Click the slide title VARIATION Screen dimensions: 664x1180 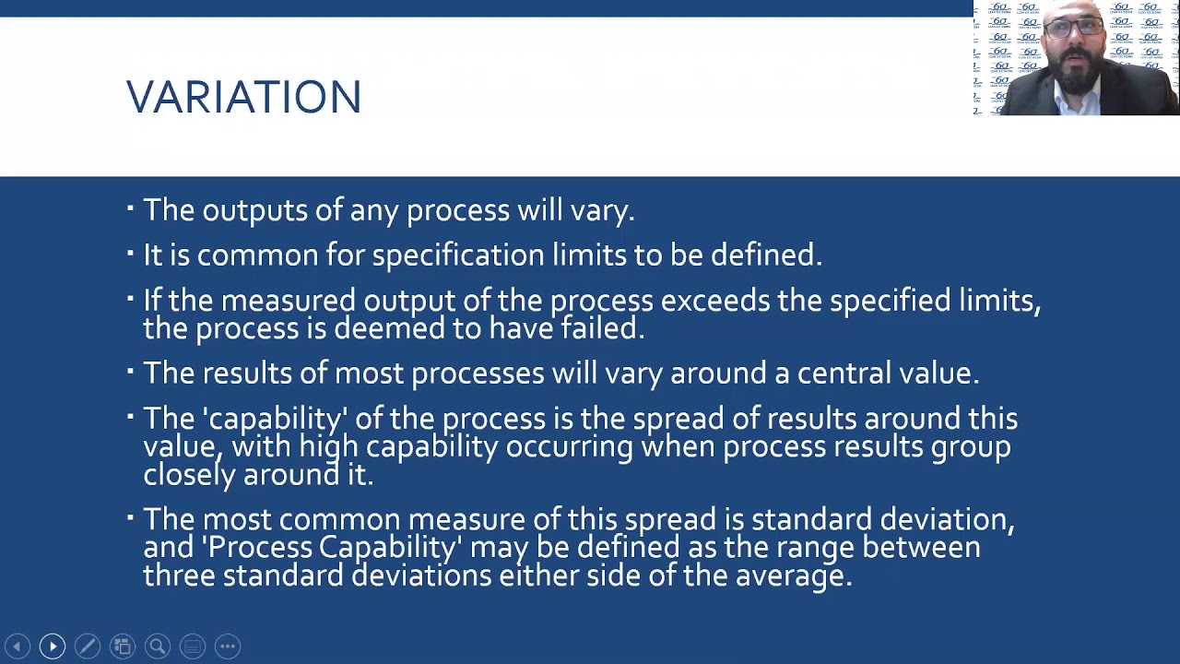click(x=243, y=97)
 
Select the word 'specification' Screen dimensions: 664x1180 click(x=458, y=255)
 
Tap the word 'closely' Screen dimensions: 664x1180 click(x=189, y=475)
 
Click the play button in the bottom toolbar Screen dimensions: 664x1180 click(x=53, y=646)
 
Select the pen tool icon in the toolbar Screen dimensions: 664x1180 click(x=88, y=646)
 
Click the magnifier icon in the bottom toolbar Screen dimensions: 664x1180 click(x=158, y=646)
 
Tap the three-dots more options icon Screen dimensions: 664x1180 click(x=228, y=646)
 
